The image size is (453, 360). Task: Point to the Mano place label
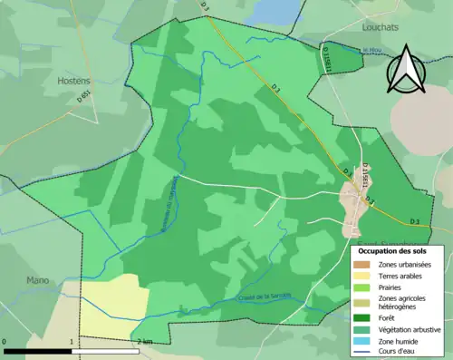[38, 279]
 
